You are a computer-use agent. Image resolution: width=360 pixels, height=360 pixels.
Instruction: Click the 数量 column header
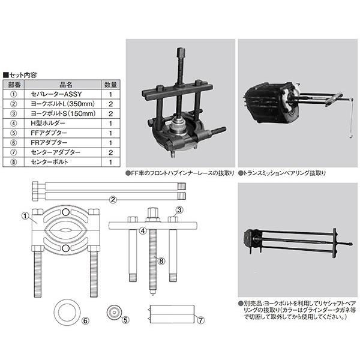coord(110,85)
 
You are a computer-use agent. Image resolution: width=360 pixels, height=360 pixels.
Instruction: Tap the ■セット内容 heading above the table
coord(21,75)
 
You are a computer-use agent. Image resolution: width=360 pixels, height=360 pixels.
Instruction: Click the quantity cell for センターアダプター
coord(110,152)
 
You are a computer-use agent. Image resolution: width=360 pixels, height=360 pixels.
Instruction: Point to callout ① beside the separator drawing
coord(25,214)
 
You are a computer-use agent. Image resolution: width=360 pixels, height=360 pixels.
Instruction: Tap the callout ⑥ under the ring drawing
coord(85,320)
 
